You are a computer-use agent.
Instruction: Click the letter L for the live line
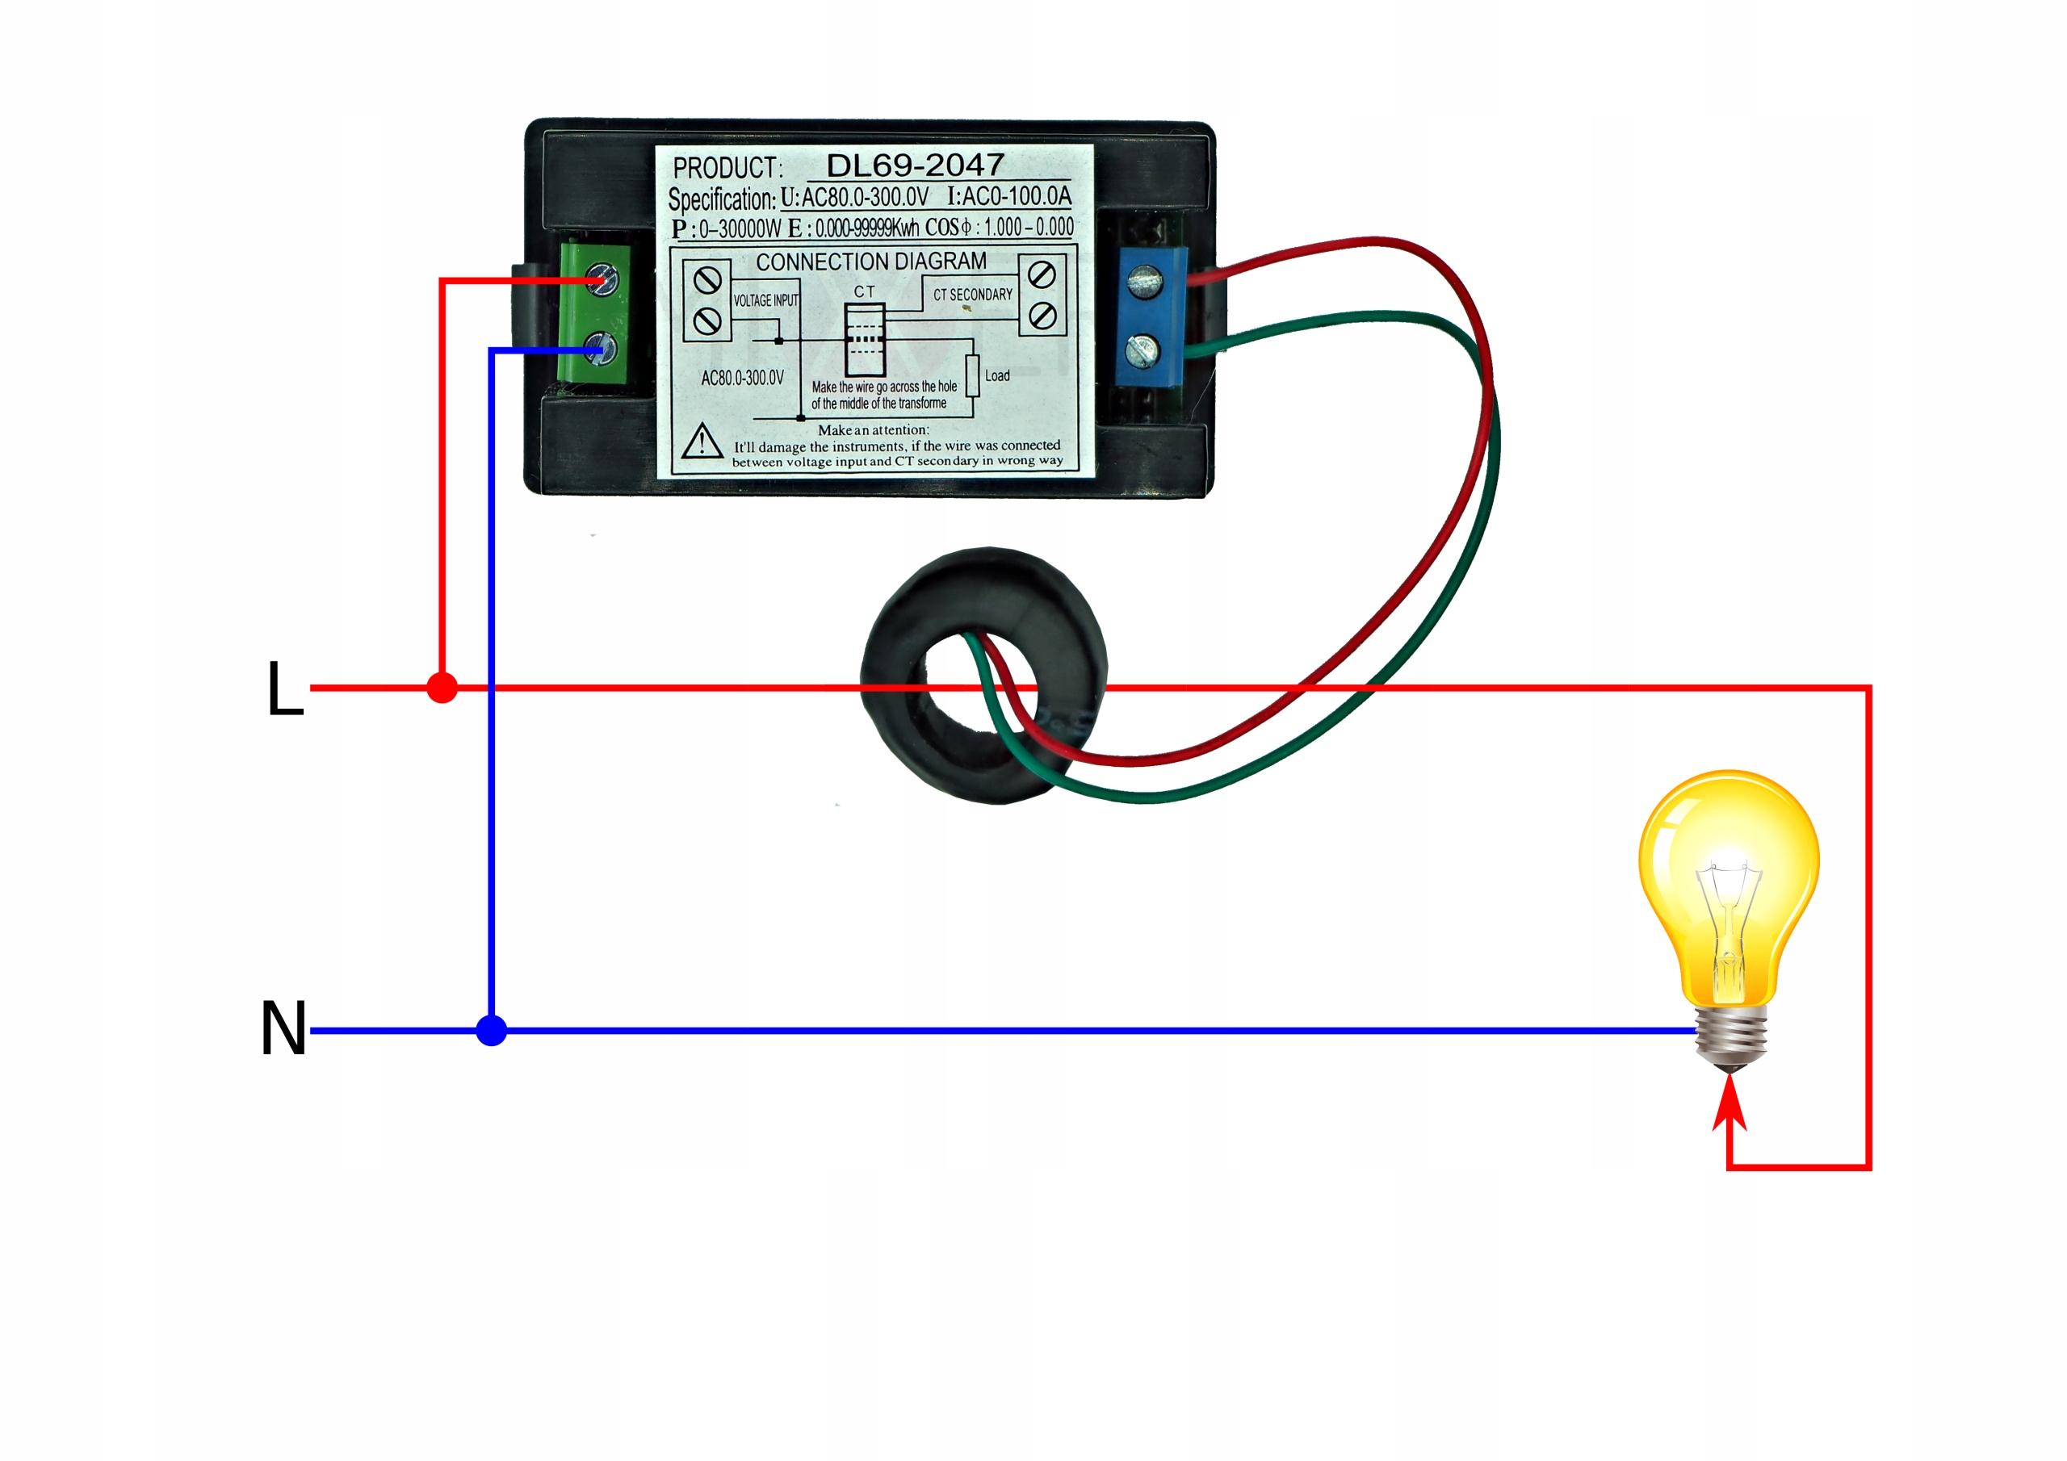pos(285,688)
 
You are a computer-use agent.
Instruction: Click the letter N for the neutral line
pos(283,1028)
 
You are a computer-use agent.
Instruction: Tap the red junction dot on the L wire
pos(442,688)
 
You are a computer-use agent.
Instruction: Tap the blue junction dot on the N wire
pos(492,1030)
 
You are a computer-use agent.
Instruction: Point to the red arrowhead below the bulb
pos(1729,1102)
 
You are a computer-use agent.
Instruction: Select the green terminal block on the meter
pos(593,313)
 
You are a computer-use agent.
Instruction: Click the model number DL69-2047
pos(915,165)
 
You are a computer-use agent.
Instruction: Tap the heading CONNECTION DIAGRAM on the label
pos(870,262)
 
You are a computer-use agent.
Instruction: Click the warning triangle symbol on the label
pos(702,442)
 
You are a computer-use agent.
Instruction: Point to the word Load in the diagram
pos(996,375)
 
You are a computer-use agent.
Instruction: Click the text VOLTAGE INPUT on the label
pos(765,300)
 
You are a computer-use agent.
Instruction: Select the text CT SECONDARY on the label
pos(972,295)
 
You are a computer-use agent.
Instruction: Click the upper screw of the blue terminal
pos(1144,281)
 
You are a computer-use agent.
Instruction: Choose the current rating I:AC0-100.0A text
pos(1009,196)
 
